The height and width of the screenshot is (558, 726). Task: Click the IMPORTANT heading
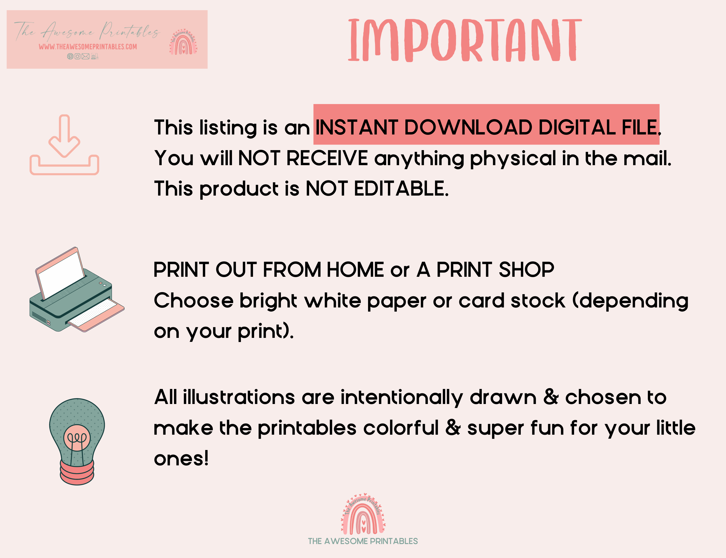coord(465,40)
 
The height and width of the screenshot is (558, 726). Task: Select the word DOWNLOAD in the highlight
coord(468,128)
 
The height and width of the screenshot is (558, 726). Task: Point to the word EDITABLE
coord(401,189)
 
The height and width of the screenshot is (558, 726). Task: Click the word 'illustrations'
coord(239,397)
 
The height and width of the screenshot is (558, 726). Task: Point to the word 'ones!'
coord(181,459)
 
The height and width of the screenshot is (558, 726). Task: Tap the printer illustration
coord(77,289)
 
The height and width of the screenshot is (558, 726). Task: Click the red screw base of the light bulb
coord(77,472)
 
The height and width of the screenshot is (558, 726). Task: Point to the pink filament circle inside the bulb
coord(77,437)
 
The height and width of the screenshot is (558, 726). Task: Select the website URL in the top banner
coord(88,47)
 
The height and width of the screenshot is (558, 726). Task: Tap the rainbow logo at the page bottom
coord(363,514)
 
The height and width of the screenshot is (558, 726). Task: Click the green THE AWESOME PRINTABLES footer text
coord(363,541)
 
